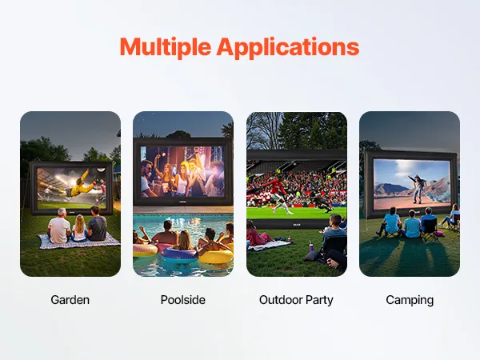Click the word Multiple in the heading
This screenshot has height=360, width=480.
[x=166, y=47]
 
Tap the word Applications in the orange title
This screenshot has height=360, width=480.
[x=288, y=47]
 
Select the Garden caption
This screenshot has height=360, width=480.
[x=70, y=300]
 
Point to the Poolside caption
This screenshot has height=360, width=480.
[x=183, y=300]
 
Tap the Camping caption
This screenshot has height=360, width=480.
[x=410, y=300]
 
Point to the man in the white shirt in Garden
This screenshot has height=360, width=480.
[x=59, y=226]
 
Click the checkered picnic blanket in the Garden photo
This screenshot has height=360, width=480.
[x=78, y=242]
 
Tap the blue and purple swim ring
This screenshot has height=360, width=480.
[x=180, y=254]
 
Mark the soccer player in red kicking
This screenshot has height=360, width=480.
[x=276, y=194]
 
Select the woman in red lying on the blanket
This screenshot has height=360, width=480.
[x=256, y=234]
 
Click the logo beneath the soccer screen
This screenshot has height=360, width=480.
[x=296, y=225]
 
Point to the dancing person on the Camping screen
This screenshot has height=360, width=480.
[x=418, y=188]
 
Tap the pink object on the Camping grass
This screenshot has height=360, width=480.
[x=439, y=234]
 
